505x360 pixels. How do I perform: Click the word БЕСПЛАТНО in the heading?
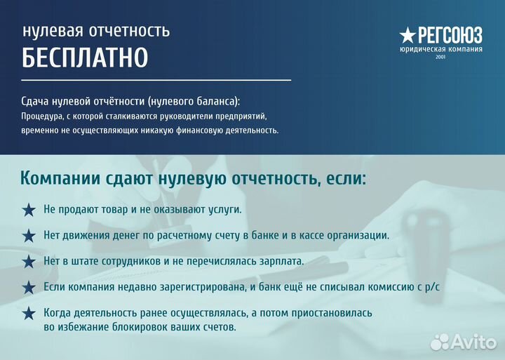[85, 58]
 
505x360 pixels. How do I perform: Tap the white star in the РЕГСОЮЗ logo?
[407, 34]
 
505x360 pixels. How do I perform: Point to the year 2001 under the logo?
[440, 57]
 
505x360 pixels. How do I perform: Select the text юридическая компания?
[440, 49]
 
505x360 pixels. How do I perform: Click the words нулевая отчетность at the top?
[95, 31]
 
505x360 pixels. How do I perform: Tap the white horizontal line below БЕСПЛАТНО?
[156, 81]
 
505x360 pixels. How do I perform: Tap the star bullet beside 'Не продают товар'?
[29, 210]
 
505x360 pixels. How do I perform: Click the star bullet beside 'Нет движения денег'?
[29, 236]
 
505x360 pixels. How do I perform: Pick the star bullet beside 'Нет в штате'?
[29, 261]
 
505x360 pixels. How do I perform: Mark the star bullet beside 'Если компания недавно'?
[29, 287]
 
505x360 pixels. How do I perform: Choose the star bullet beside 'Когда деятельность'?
[29, 313]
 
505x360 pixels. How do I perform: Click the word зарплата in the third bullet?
[283, 261]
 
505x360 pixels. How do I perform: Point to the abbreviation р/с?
[434, 287]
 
